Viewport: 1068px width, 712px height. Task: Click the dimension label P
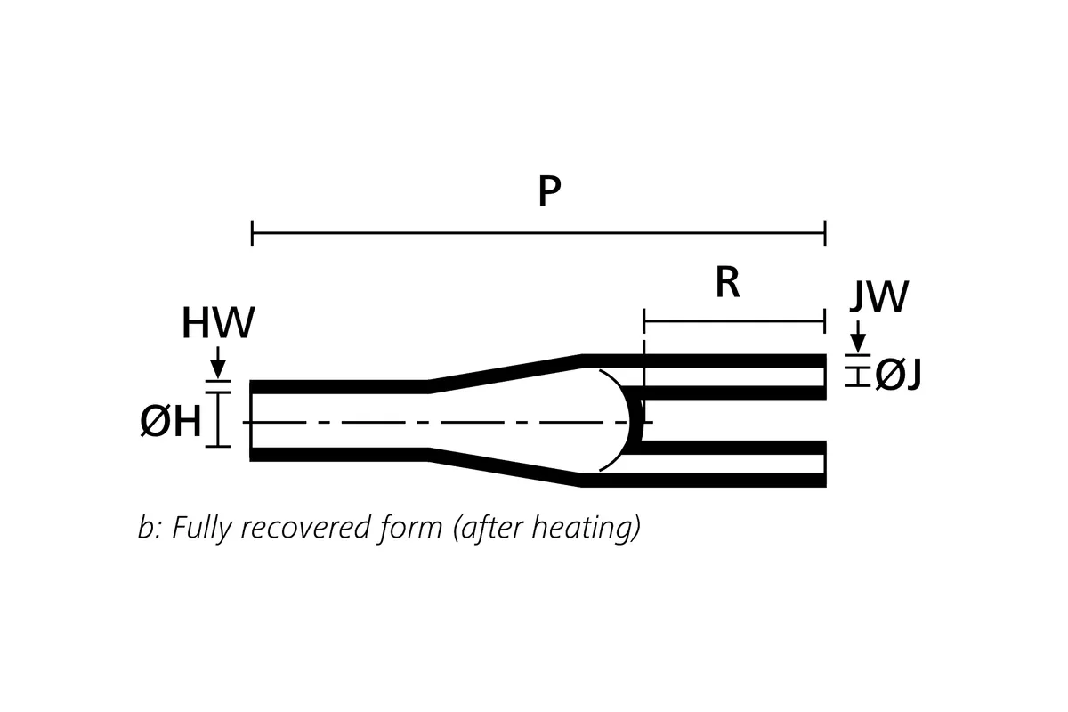[x=549, y=193]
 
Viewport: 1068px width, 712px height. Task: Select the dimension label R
[x=727, y=283]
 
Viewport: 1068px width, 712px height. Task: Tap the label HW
[x=217, y=324]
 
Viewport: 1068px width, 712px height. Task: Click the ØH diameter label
[x=171, y=422]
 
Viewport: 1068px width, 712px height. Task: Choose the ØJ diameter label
[x=897, y=376]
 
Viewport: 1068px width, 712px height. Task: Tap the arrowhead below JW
[x=858, y=342]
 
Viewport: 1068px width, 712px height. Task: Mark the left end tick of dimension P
[x=253, y=234]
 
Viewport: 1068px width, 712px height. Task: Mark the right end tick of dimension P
[x=825, y=234]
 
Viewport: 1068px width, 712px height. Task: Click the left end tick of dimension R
[x=643, y=320]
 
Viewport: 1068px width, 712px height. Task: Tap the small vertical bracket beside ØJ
[x=858, y=374]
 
